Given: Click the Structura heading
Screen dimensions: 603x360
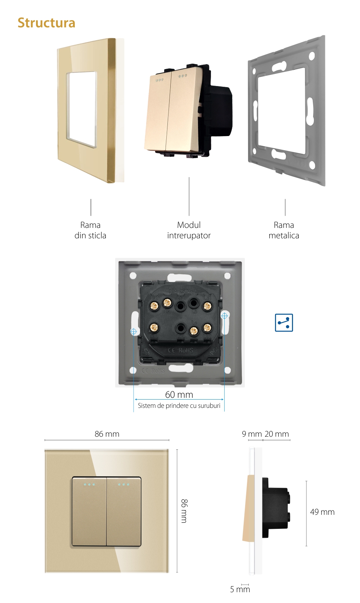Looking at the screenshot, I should point(46,23).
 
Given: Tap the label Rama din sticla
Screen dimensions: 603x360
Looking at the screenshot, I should point(90,230).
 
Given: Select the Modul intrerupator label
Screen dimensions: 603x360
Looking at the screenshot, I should point(189,230).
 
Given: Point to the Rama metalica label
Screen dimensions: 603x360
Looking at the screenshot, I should point(284,230).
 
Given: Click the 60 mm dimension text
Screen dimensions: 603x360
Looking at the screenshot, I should point(179,395).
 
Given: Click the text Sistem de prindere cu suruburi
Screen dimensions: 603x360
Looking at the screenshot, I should point(179,406).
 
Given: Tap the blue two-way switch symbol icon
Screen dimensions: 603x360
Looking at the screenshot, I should point(284,323).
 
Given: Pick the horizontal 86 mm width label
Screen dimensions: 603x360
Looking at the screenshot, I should point(107,434).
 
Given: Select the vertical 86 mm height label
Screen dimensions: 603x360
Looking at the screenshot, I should point(184,511).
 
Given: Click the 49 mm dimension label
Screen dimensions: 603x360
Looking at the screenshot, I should point(322,512).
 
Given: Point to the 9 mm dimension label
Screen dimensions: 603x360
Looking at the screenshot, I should point(252,434).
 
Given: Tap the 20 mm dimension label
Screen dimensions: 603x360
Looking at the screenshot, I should point(277,434).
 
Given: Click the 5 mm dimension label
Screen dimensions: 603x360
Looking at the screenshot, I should point(240,589).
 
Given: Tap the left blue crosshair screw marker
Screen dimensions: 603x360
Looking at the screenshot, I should point(134,331).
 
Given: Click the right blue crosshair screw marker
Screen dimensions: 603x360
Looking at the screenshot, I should point(224,316).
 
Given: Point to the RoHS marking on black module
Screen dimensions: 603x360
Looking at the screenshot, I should point(186,350).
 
